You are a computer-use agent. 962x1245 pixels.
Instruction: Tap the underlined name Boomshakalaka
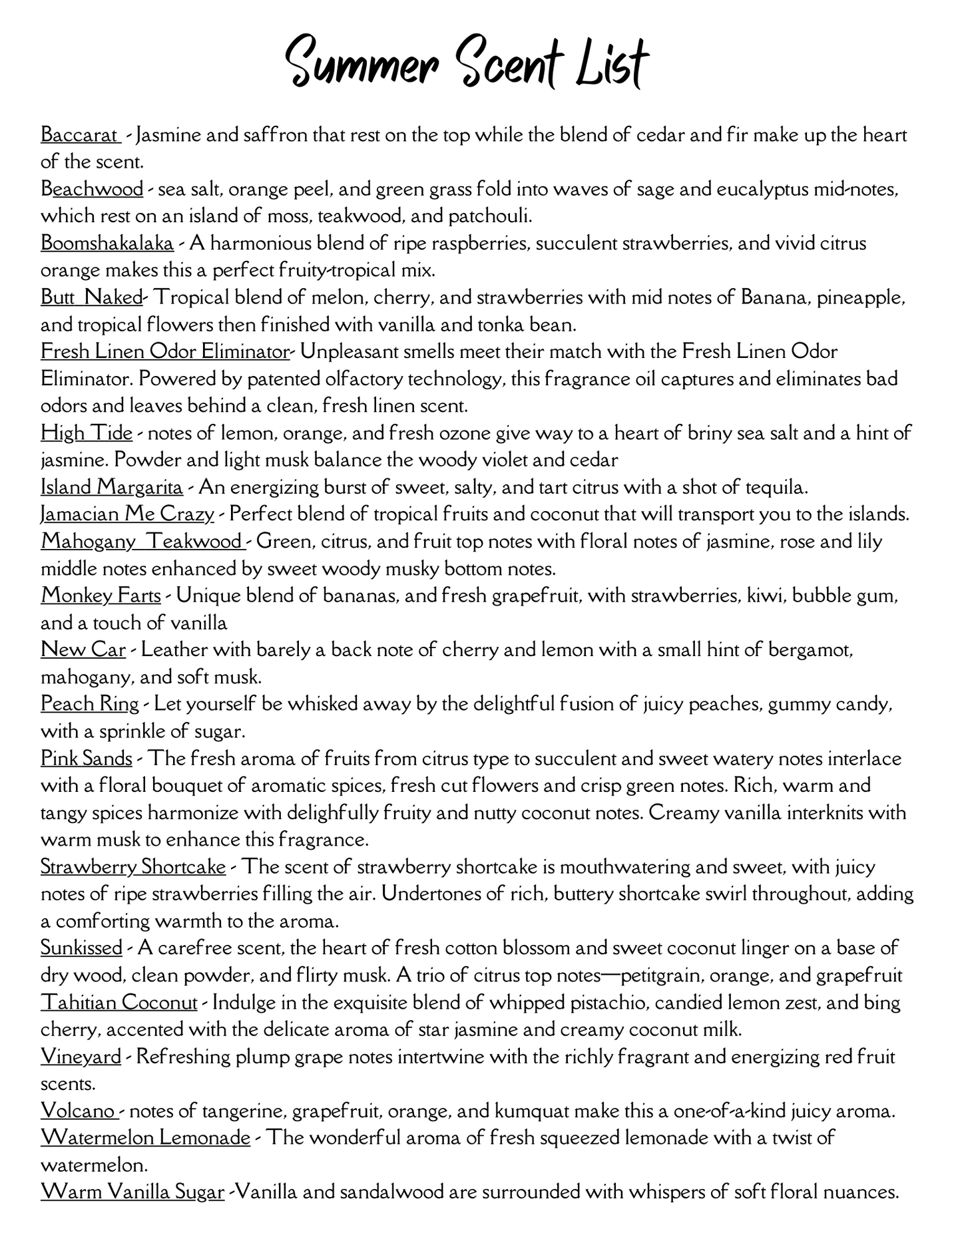107,244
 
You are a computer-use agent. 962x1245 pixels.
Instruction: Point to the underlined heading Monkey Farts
101,596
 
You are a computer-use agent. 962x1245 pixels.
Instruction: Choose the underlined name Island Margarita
112,487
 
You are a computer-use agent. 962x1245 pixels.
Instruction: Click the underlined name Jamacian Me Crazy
127,514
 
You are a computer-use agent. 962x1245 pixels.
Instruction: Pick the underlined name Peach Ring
90,704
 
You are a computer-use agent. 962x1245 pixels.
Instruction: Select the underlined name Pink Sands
87,759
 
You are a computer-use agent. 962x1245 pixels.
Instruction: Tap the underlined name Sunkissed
81,948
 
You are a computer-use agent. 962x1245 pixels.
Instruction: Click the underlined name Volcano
79,1111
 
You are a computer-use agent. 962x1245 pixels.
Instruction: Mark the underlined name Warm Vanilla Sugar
132,1192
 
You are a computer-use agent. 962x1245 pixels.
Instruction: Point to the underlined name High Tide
87,433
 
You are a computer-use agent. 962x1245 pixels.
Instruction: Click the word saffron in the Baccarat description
266,135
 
